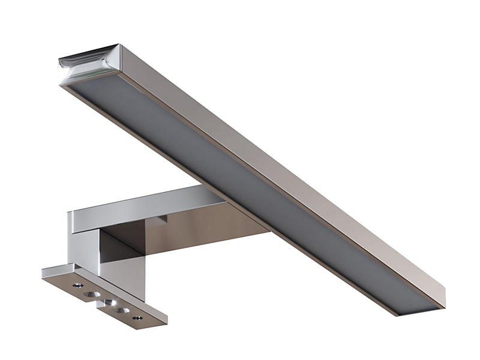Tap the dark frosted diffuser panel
point(240,180)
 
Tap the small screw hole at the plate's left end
point(77,286)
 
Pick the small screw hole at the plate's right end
point(137,317)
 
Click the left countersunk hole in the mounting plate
point(92,294)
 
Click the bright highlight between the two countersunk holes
point(109,301)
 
